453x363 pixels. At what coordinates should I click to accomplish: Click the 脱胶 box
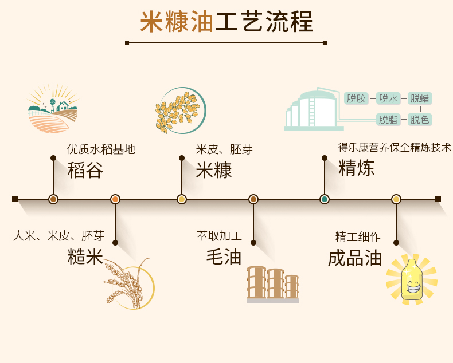[x=356, y=98]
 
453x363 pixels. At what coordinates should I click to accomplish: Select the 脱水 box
[x=388, y=98]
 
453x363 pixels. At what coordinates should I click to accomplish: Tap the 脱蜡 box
[x=420, y=98]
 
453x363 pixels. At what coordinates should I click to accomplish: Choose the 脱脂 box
[x=388, y=120]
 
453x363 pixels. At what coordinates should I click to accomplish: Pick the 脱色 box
[x=420, y=120]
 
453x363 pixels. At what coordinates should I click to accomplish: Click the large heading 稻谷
[x=85, y=170]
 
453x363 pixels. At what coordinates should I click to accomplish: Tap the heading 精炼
[x=356, y=168]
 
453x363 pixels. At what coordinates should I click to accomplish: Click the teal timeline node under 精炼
[x=325, y=199]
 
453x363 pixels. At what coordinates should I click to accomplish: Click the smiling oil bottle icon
[x=411, y=279]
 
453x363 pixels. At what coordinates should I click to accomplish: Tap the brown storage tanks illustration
[x=273, y=284]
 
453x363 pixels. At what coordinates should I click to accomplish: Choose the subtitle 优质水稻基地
[x=101, y=149]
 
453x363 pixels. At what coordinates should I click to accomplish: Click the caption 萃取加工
[x=219, y=235]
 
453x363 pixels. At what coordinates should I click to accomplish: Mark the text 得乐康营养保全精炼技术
[x=394, y=147]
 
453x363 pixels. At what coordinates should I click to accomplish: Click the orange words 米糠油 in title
[x=177, y=22]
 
